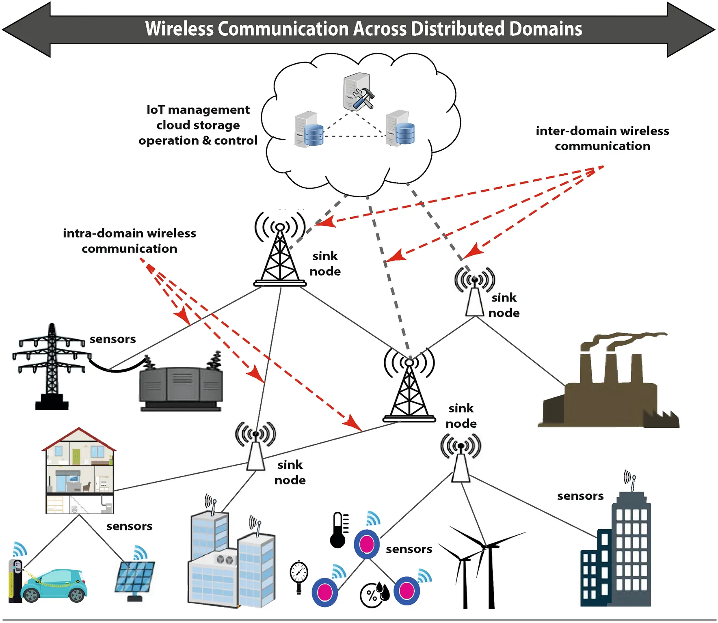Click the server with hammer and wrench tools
[x=358, y=93]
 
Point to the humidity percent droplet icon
[x=374, y=595]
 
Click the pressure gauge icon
[x=299, y=576]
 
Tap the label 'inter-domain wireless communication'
[x=602, y=138]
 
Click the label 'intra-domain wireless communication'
[x=129, y=241]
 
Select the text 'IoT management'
[x=198, y=110]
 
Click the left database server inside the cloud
[x=308, y=130]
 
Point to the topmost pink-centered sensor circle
[x=367, y=544]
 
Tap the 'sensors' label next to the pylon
[x=112, y=339]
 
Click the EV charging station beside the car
[x=15, y=580]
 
